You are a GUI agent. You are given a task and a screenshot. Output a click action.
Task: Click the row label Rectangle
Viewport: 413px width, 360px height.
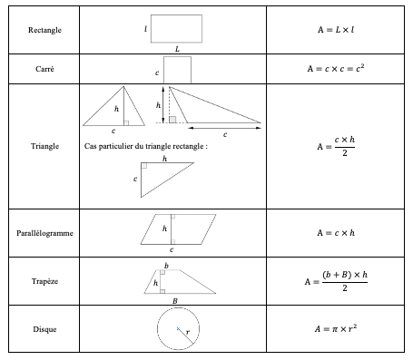[44, 31]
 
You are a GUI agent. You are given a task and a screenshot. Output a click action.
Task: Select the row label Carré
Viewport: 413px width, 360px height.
[44, 69]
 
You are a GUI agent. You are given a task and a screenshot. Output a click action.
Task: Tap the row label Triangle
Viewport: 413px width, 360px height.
[44, 145]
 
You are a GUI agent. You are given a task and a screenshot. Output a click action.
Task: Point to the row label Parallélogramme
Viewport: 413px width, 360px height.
[44, 233]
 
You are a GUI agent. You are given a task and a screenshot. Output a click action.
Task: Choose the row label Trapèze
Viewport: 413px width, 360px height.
[44, 281]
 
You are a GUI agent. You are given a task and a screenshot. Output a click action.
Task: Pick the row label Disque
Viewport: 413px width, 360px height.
[44, 329]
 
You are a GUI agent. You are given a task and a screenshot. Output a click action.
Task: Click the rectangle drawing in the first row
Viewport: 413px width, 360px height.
[177, 26]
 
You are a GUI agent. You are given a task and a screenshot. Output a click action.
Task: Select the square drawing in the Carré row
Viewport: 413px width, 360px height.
[177, 69]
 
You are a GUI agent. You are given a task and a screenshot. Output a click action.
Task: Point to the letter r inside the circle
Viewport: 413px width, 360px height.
[187, 334]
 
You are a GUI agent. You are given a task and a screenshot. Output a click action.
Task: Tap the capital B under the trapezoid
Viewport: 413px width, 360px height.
[174, 300]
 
